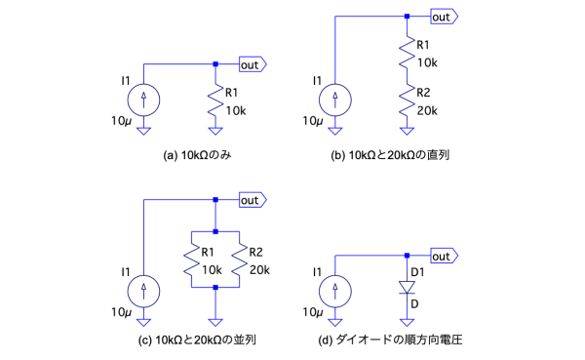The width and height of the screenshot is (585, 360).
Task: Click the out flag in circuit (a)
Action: click(253, 64)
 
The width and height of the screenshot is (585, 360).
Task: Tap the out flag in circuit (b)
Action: click(444, 17)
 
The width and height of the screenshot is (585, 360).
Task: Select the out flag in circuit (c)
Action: click(253, 200)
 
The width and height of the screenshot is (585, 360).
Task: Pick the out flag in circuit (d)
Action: click(444, 257)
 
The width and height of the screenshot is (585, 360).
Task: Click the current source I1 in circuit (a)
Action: click(143, 100)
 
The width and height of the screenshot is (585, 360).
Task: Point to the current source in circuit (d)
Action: click(335, 292)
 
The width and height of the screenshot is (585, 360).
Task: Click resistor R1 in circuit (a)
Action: click(215, 100)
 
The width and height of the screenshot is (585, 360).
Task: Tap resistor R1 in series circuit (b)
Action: click(407, 53)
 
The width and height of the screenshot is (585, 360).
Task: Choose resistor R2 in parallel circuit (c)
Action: click(239, 260)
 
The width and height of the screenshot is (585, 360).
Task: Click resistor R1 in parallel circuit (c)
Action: click(191, 260)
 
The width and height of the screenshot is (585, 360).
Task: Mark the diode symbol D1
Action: click(407, 288)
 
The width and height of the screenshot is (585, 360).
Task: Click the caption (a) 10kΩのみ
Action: click(197, 155)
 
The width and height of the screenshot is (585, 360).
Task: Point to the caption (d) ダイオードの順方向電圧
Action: click(390, 340)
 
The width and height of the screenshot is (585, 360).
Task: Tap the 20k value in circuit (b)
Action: click(427, 111)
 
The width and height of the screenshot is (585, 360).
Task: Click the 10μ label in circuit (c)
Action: click(121, 312)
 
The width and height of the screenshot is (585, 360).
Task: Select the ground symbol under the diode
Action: click(407, 322)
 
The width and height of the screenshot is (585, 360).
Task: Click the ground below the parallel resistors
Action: click(215, 322)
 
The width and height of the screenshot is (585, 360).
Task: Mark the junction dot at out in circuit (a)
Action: click(215, 64)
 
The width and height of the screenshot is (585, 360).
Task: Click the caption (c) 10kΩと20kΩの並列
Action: click(197, 340)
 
